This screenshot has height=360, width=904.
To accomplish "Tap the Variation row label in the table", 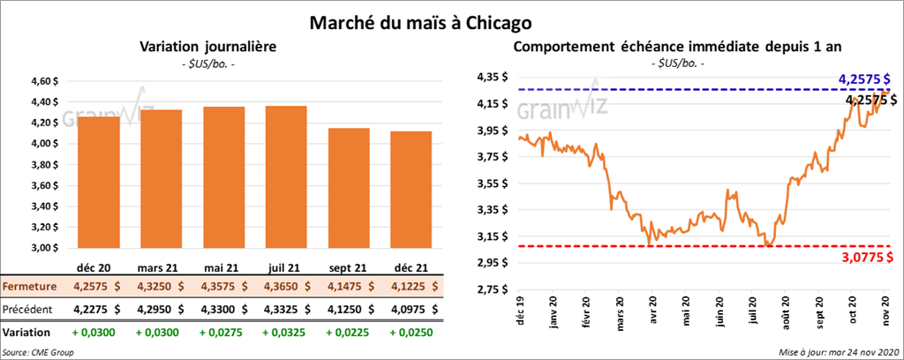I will click(26, 332).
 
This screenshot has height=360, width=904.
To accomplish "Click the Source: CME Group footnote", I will click(41, 352).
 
